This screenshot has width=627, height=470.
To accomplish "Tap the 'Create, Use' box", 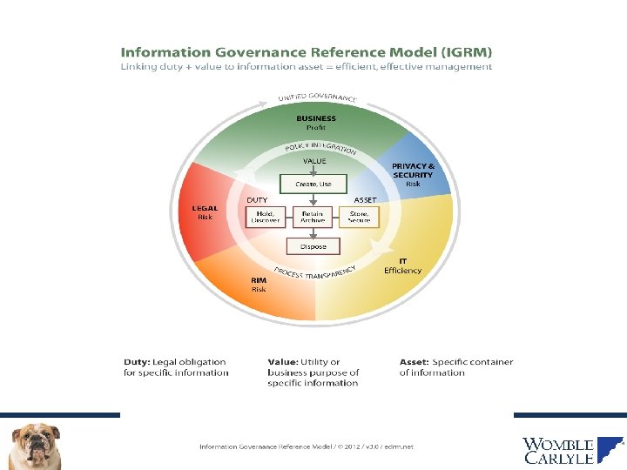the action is tap(313, 184).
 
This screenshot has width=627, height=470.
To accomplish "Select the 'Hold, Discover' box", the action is tap(266, 217).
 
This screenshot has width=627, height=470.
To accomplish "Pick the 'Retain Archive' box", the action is tap(313, 217).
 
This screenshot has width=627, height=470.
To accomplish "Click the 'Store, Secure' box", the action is tap(360, 217).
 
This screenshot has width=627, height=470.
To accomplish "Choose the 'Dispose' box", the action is tap(313, 246).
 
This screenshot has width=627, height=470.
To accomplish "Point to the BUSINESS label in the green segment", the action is tap(315, 118).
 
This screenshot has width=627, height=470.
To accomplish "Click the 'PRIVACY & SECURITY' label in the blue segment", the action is tap(413, 170).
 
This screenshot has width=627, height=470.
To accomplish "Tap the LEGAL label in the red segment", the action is tap(205, 208).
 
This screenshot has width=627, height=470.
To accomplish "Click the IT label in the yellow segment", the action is tap(402, 260).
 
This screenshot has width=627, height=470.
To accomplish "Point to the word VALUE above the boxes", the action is tap(314, 161).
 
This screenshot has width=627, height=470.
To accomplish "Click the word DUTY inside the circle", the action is tap(257, 200).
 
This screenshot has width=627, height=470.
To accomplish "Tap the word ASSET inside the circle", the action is tap(365, 200).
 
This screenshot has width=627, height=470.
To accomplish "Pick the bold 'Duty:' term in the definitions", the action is tap(136, 362).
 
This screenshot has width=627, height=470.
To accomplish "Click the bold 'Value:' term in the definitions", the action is tap(283, 362).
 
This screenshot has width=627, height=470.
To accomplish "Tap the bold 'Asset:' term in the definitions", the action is tap(414, 362).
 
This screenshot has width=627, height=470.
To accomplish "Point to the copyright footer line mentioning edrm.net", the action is tap(306, 446).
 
